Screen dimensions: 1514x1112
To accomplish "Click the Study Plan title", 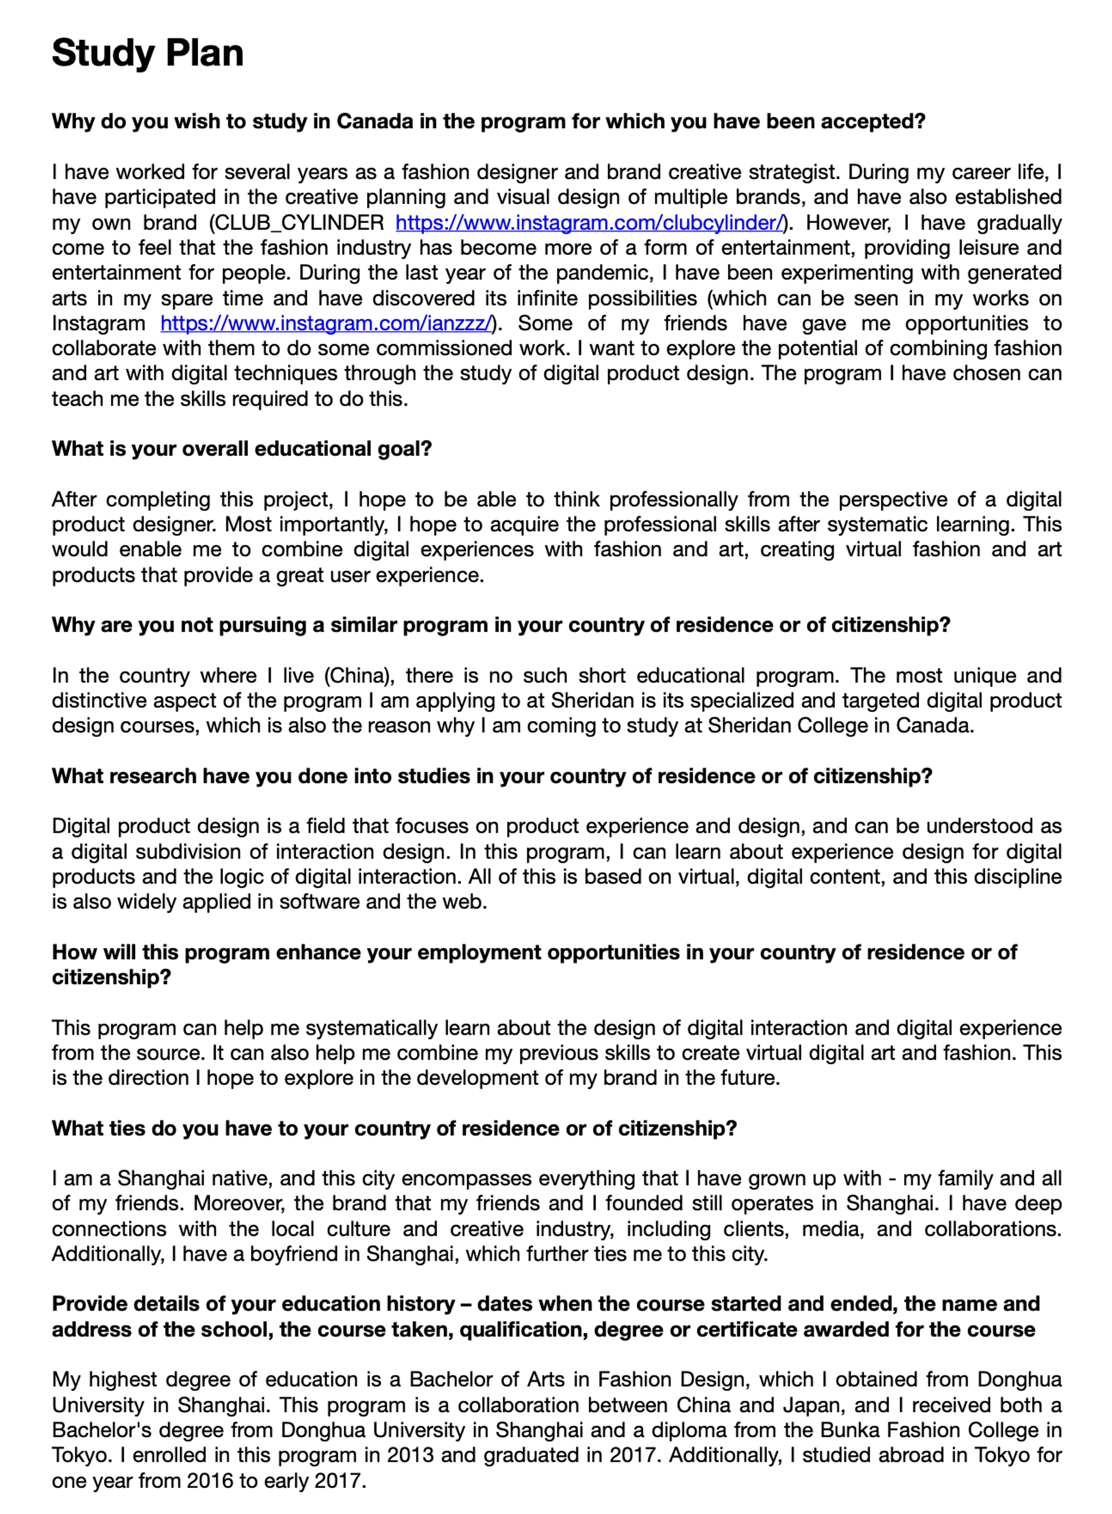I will pos(147,53).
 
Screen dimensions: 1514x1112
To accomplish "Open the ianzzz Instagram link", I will pos(326,324).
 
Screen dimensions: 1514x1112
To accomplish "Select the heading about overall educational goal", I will pos(242,449).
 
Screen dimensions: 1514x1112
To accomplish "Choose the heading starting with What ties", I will pos(394,1129).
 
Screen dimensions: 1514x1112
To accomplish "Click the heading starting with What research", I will pos(492,776).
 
